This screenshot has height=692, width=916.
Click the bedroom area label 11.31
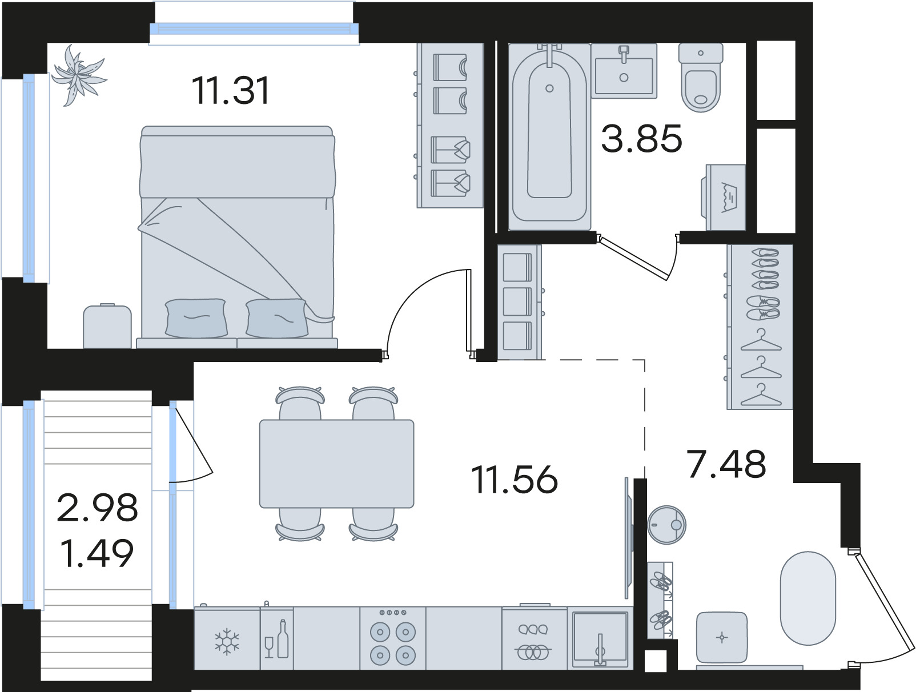231,91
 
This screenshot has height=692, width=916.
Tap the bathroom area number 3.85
641,139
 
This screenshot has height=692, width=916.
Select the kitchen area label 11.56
514,480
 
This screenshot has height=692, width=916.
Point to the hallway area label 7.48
726,464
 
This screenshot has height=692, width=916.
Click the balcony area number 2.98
97,507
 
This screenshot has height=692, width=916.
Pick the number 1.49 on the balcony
97,553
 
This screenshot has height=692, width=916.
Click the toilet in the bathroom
701,78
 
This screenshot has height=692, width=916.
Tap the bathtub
549,137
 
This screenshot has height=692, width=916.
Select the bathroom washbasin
624,71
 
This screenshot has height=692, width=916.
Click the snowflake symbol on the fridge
227,642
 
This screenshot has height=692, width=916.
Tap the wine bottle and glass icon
276,638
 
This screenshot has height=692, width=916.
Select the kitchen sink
600,638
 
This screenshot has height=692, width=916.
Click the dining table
336,464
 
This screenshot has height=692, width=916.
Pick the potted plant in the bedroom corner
78,75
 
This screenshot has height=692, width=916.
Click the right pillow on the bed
277,318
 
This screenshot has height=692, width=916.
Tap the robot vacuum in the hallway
666,525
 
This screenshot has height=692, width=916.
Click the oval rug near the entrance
808,598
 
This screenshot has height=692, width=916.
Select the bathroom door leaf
632,258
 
